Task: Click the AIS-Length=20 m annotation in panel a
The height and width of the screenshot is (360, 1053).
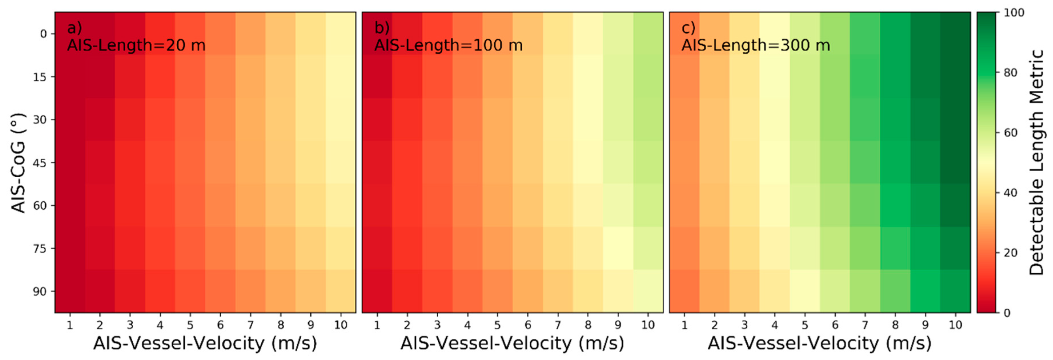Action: [x=136, y=45]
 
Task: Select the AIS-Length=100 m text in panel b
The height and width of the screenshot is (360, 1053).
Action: [x=448, y=45]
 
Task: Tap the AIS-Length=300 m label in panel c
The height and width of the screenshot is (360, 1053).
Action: [x=755, y=45]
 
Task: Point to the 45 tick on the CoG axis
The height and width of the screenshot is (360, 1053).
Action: [x=40, y=163]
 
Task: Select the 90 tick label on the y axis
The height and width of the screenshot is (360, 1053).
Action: [x=40, y=291]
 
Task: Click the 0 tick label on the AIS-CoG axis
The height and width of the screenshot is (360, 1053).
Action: [x=43, y=34]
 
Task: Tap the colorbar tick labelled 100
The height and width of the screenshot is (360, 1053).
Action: [x=1014, y=13]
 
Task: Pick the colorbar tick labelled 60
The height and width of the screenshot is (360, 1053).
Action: [x=1010, y=133]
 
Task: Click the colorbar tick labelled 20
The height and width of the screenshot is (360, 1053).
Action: [x=1010, y=253]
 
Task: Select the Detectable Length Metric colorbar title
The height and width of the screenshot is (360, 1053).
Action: [x=1036, y=163]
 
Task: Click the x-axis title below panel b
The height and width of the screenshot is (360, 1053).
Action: [x=512, y=343]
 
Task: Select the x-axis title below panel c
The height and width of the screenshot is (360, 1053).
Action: [x=819, y=343]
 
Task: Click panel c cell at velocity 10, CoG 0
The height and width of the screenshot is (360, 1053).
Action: [x=955, y=34]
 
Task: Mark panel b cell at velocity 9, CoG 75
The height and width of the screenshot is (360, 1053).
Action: [x=618, y=248]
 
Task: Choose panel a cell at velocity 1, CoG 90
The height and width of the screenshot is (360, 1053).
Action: [x=70, y=291]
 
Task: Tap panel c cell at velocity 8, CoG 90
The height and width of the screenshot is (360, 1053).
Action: [x=895, y=291]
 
